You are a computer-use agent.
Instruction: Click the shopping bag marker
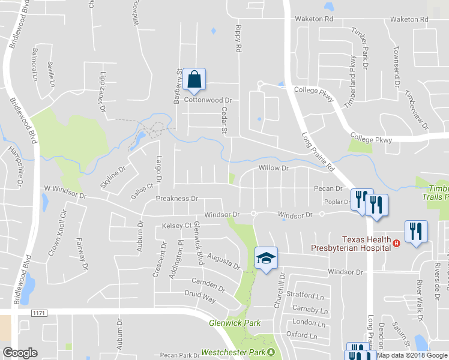[194, 80]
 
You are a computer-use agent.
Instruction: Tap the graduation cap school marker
[266, 259]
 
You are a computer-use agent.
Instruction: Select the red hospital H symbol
[396, 243]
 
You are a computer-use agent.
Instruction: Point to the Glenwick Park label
[235, 323]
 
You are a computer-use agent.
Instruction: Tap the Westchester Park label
[234, 352]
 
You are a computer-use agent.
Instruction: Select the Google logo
[20, 353]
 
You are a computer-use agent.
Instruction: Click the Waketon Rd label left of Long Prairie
[313, 19]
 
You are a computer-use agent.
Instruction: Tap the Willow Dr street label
[274, 169]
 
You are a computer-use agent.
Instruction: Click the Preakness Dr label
[176, 199]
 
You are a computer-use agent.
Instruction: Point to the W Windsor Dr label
[65, 196]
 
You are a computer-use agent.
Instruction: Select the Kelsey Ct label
[176, 226]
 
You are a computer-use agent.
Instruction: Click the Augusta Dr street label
[223, 261]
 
